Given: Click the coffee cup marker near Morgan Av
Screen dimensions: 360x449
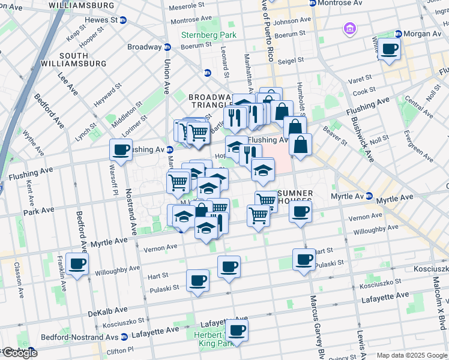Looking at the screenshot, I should click(x=390, y=49).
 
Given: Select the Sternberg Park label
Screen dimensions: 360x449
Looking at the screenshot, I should click(x=209, y=35).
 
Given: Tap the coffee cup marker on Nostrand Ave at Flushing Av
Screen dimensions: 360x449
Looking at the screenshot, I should click(x=121, y=150).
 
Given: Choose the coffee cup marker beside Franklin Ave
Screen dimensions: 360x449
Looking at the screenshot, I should click(x=77, y=263).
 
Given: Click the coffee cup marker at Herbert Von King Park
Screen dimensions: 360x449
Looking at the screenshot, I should click(x=237, y=330).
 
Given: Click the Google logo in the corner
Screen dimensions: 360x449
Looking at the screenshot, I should click(x=19, y=353).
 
